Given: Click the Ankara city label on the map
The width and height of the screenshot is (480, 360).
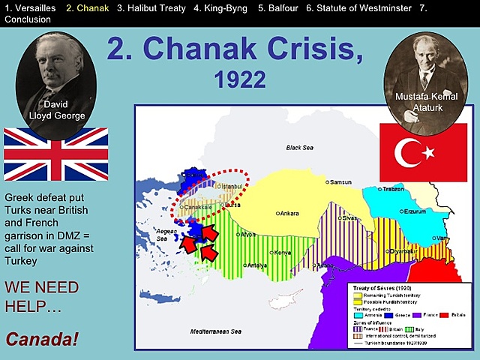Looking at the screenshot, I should pyautogui.click(x=288, y=214).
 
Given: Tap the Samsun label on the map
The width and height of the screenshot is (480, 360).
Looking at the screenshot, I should pyautogui.click(x=341, y=182).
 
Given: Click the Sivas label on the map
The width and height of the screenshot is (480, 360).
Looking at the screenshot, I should pyautogui.click(x=350, y=218).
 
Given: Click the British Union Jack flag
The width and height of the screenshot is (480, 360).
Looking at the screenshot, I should pyautogui.click(x=55, y=154).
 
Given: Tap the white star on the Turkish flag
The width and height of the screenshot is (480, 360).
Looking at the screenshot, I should pyautogui.click(x=429, y=153).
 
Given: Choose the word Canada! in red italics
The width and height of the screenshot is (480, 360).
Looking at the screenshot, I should pyautogui.click(x=42, y=339).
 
